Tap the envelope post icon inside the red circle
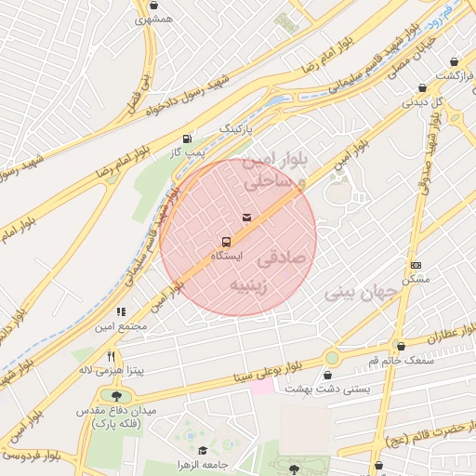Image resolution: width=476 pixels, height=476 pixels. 245,217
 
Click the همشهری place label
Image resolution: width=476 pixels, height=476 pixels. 154,19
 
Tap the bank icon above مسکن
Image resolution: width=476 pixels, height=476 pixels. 415,265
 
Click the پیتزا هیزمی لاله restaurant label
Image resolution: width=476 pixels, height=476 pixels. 111,369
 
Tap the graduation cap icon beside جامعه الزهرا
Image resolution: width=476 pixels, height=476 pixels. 203,450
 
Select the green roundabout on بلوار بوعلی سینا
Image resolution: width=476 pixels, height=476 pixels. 332,358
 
